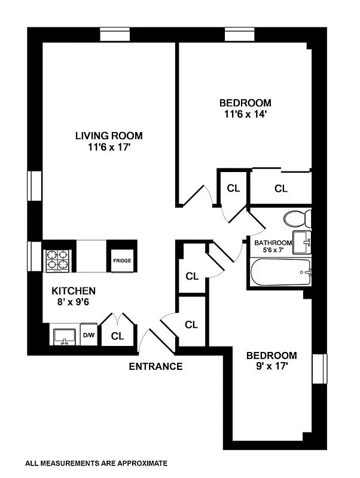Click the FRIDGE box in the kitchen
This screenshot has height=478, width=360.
click(122, 261)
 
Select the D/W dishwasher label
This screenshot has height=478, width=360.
click(89, 336)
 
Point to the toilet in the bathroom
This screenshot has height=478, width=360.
click(296, 219)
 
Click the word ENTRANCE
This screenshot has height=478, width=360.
click(155, 366)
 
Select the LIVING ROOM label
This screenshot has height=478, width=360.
click(109, 136)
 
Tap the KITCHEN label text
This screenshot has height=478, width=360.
click(74, 291)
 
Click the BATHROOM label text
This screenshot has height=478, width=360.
click(273, 243)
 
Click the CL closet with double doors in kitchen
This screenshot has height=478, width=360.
click(118, 336)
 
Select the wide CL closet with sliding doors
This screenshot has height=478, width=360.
click(281, 188)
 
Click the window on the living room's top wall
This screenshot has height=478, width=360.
click(115, 35)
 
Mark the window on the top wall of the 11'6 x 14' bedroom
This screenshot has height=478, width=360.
click(240, 35)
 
